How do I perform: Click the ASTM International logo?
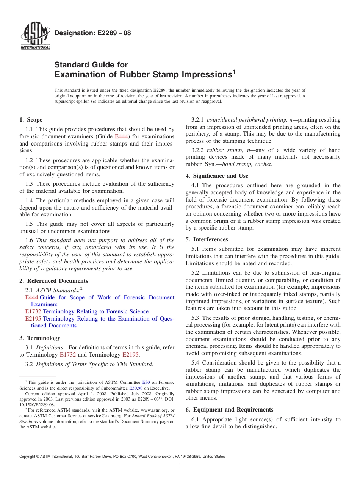(35, 36)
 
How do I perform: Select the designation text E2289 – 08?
(93, 33)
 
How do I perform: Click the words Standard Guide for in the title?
(91, 65)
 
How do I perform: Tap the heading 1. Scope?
(31, 120)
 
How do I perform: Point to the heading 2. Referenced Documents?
(53, 281)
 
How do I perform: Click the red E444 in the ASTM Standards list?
(32, 297)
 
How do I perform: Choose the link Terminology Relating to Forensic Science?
(95, 311)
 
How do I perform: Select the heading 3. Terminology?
(39, 338)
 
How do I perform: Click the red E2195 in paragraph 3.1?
(130, 355)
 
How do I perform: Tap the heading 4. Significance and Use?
(217, 176)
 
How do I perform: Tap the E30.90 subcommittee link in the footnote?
(136, 388)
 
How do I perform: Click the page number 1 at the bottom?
(180, 466)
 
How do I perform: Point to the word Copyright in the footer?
(28, 457)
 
